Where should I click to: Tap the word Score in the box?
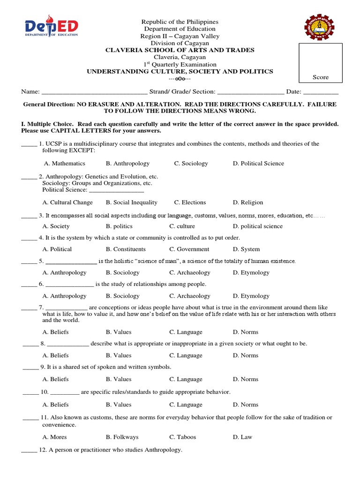321,77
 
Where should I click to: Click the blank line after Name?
94,92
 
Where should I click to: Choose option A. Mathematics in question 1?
64,164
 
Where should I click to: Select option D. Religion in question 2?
248,202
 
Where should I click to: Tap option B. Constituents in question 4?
126,249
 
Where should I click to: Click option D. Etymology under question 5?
251,273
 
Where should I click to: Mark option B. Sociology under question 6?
122,296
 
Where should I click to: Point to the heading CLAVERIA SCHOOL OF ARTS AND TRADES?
180,50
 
